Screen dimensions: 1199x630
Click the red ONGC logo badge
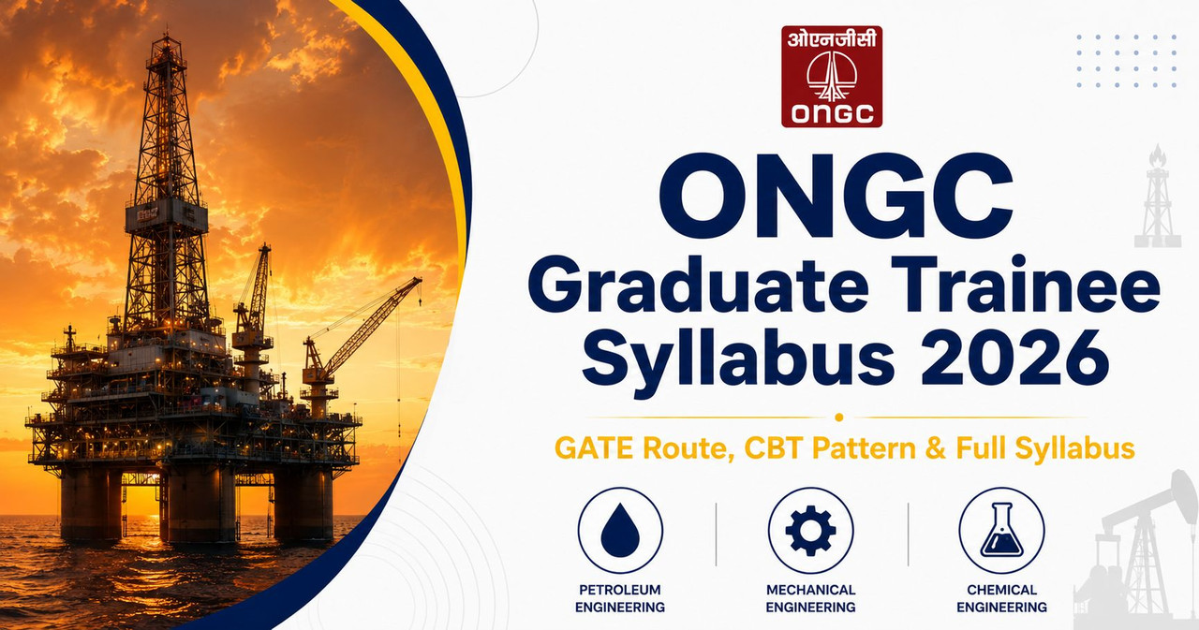click(831, 77)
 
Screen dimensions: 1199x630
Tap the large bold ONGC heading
click(836, 197)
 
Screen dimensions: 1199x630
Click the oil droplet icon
click(620, 530)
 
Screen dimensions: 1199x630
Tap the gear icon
click(810, 531)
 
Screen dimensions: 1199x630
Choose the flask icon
click(1001, 530)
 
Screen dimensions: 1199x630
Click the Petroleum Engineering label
click(620, 598)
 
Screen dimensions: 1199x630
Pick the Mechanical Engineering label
click(810, 598)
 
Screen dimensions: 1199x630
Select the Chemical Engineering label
click(1001, 598)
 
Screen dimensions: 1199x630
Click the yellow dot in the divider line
click(838, 418)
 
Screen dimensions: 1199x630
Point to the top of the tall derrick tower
click(167, 36)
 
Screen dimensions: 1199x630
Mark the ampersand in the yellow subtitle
click(935, 448)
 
